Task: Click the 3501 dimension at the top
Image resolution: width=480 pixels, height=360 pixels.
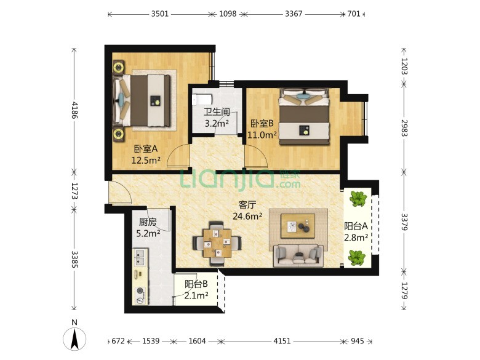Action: tap(160, 14)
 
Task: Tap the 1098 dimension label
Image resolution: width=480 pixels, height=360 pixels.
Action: tap(228, 14)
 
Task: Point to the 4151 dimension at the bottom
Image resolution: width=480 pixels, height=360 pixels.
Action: tap(282, 341)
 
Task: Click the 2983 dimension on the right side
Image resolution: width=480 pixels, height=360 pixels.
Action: tap(404, 127)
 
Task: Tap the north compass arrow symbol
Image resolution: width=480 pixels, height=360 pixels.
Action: tap(74, 338)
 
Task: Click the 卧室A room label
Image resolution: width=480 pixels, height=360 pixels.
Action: tap(146, 149)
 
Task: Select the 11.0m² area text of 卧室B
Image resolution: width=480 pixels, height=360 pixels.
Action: tap(262, 135)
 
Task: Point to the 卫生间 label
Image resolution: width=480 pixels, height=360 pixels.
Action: tap(217, 112)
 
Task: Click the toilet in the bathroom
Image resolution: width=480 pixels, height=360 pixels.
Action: tap(202, 100)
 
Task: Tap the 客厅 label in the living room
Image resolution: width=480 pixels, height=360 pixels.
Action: tap(247, 205)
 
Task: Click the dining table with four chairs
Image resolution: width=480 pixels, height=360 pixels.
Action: tap(217, 242)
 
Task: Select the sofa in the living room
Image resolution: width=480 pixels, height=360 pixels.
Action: tap(298, 255)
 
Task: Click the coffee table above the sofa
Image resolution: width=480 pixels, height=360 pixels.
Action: tap(298, 226)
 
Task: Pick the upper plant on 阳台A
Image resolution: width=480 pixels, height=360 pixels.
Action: tap(358, 198)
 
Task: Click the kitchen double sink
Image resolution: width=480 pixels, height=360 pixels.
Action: tap(140, 257)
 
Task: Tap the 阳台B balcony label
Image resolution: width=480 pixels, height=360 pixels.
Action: tap(196, 284)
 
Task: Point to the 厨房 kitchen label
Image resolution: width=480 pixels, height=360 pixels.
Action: tap(148, 222)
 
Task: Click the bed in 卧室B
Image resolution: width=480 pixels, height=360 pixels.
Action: tap(304, 116)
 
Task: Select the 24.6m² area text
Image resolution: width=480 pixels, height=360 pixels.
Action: tap(247, 217)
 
